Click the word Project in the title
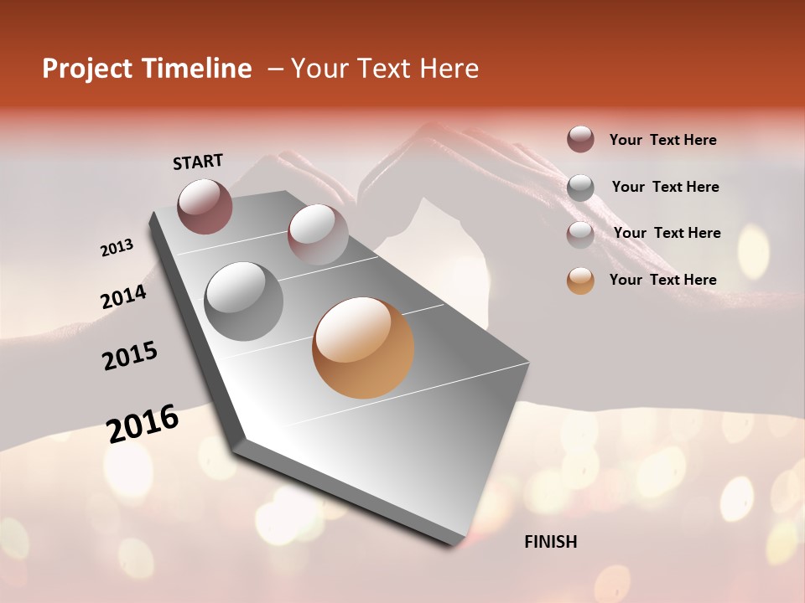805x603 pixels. pos(86,69)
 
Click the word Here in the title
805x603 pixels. pos(448,69)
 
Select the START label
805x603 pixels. pos(198,162)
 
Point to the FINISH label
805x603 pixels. pos(551,542)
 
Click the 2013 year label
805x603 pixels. pos(117,248)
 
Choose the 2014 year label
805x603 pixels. pos(124,296)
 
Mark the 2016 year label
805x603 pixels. pos(143,424)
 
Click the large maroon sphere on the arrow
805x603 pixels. pos(205,206)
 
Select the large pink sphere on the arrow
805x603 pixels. pos(317,234)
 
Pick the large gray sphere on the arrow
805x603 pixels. pos(244,301)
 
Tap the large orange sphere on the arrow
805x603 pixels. pos(363,348)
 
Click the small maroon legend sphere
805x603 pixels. pos(580,139)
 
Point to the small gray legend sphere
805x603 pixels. pos(580,187)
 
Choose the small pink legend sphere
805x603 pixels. pos(580,234)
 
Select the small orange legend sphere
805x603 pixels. pos(580,281)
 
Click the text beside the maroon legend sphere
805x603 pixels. pos(662,140)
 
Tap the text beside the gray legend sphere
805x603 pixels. pos(665,187)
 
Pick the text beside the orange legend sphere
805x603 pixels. pos(662,280)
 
